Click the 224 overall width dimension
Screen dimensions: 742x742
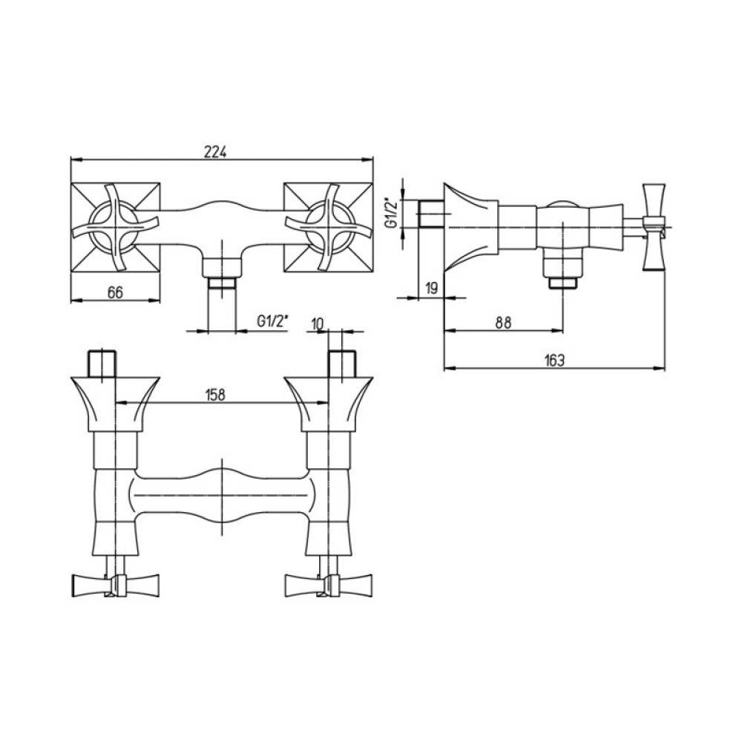click(x=216, y=152)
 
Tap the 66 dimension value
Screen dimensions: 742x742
click(x=115, y=292)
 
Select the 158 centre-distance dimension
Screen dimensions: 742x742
click(x=215, y=395)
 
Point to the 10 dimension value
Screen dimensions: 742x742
click(x=318, y=324)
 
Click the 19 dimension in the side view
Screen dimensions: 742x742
click(x=432, y=288)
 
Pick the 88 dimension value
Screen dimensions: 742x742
click(x=504, y=322)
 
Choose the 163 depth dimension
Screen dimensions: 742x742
click(x=554, y=361)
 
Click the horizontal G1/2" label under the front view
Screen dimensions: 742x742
click(x=272, y=321)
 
